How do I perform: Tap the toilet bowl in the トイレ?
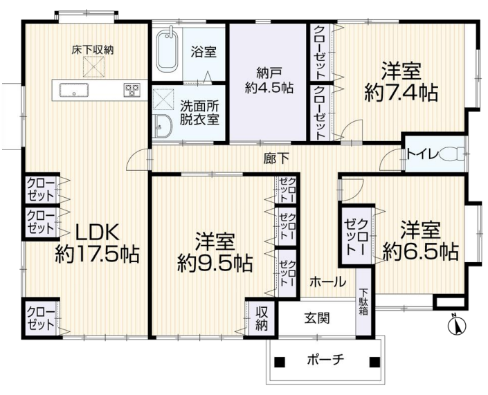click(452, 154)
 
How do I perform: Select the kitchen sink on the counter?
click(74, 91)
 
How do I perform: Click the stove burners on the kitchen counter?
click(132, 90)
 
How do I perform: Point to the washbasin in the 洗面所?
click(162, 126)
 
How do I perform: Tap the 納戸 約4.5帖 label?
click(269, 80)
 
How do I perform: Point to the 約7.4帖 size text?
click(401, 93)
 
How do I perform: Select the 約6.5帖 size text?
click(421, 251)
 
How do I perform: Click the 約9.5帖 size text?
click(215, 264)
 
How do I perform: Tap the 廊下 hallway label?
click(276, 158)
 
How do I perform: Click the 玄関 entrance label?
click(317, 318)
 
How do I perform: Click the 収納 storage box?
click(262, 318)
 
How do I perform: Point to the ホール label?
click(327, 282)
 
